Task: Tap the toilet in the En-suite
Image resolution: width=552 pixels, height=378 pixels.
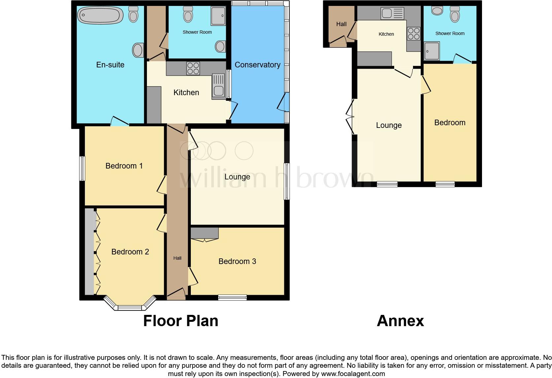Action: coord(133,14)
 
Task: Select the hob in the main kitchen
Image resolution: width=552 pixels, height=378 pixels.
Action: coord(193,68)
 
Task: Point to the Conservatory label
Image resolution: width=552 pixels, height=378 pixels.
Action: coord(258,65)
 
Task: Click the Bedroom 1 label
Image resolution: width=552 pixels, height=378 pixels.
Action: coord(124,166)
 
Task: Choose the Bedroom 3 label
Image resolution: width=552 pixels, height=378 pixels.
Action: coord(237,261)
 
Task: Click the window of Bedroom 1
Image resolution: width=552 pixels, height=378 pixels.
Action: coord(82,169)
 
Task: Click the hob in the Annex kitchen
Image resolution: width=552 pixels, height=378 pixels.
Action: coord(414,34)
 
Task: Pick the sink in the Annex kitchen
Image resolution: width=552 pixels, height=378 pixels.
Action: coord(393,14)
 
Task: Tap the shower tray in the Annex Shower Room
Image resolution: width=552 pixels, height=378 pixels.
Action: coord(432,51)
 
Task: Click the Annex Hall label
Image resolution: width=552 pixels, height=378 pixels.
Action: coord(341,24)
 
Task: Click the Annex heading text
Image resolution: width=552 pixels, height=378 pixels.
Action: coord(400,321)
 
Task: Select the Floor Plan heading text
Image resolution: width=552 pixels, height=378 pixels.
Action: coord(181,321)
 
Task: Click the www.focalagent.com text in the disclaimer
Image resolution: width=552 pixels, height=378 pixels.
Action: coord(353,374)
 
